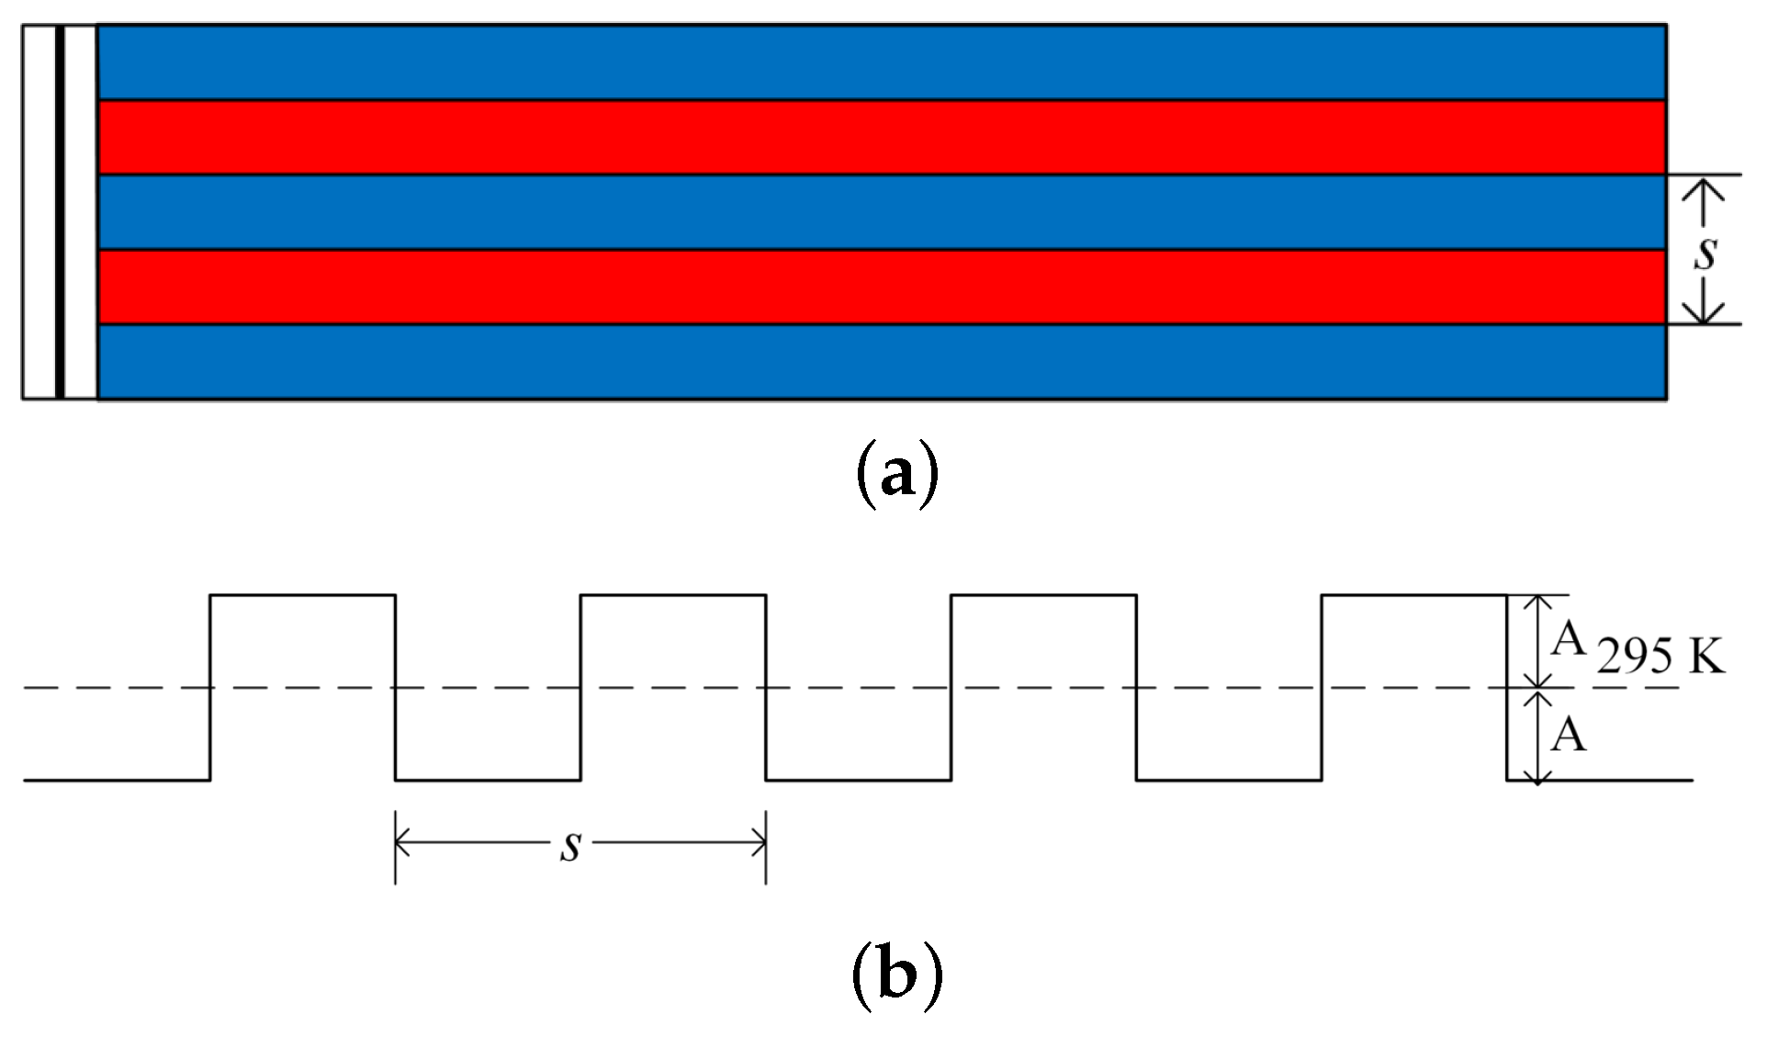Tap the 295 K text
(x=1660, y=658)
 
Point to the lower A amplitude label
(x=1569, y=735)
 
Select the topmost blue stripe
(x=882, y=62)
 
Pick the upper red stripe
(x=882, y=137)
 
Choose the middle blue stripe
(x=882, y=212)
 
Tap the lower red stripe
(x=882, y=287)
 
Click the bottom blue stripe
(x=882, y=363)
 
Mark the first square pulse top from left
(x=303, y=595)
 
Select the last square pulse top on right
(x=1414, y=595)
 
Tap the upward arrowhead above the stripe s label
(x=1705, y=184)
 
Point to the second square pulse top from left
(x=673, y=595)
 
